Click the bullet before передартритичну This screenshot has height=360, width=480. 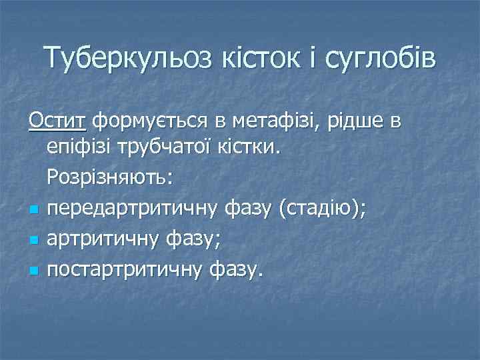[x=33, y=211]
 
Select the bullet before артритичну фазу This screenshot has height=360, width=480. [x=33, y=240]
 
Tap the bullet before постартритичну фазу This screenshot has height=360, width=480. [x=33, y=269]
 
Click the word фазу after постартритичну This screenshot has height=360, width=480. [x=237, y=269]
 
